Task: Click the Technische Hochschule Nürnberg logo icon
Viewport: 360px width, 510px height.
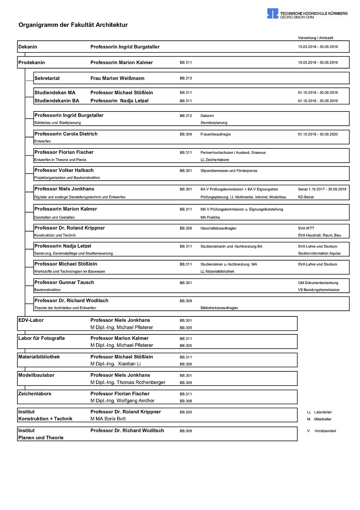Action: point(273,14)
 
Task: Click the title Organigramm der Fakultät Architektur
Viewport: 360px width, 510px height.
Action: point(73,25)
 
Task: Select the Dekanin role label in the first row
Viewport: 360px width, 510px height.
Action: point(28,47)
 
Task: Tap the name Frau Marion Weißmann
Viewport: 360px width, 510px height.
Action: point(117,78)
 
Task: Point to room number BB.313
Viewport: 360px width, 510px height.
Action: point(186,78)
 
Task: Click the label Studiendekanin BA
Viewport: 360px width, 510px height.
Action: point(57,101)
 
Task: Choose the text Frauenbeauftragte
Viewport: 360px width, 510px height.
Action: point(215,134)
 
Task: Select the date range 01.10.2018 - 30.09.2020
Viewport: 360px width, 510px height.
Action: point(318,134)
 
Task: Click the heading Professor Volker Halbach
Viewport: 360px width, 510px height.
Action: point(64,170)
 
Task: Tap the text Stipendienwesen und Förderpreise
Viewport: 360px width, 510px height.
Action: point(229,171)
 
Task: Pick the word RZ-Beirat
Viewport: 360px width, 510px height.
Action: point(306,197)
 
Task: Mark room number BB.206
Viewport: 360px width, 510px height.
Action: point(186,228)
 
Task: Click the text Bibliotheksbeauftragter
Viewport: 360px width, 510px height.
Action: point(219,308)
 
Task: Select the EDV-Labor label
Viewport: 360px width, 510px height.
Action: point(31,320)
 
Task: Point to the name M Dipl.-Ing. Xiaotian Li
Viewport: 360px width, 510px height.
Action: point(116,364)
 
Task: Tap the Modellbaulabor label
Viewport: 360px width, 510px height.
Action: point(36,375)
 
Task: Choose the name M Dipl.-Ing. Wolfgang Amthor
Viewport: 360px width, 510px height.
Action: point(123,401)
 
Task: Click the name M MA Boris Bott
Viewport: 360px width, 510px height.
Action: point(108,419)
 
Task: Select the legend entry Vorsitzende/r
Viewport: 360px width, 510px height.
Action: point(325,431)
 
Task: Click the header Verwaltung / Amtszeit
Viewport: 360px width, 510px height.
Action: point(315,38)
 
